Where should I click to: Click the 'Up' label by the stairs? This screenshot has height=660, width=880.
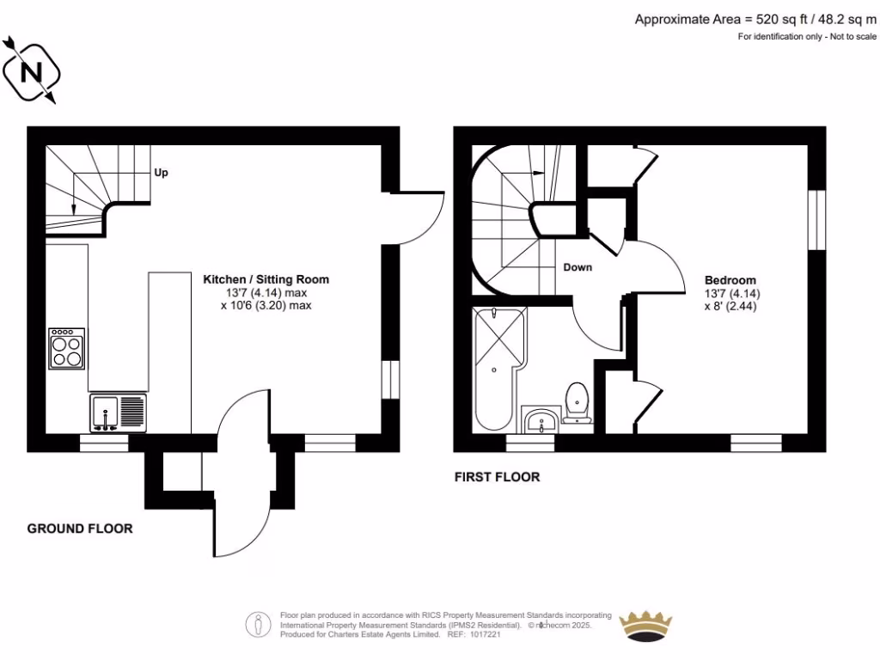point(161,173)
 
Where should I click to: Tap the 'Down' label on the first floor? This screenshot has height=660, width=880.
point(577,267)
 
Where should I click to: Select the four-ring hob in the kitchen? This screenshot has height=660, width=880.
point(67,348)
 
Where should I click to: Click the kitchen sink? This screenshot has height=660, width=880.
point(118,412)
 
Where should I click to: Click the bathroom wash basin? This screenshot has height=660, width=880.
point(541,421)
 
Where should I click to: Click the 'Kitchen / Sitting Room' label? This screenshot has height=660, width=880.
point(266,279)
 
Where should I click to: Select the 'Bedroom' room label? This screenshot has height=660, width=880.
point(730,280)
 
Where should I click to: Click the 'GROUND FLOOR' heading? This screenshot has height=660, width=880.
point(80,529)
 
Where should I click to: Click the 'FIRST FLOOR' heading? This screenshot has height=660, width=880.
point(498,477)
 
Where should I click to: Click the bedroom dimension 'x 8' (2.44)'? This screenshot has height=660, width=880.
point(730,306)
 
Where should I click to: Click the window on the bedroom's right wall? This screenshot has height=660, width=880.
point(817,220)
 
